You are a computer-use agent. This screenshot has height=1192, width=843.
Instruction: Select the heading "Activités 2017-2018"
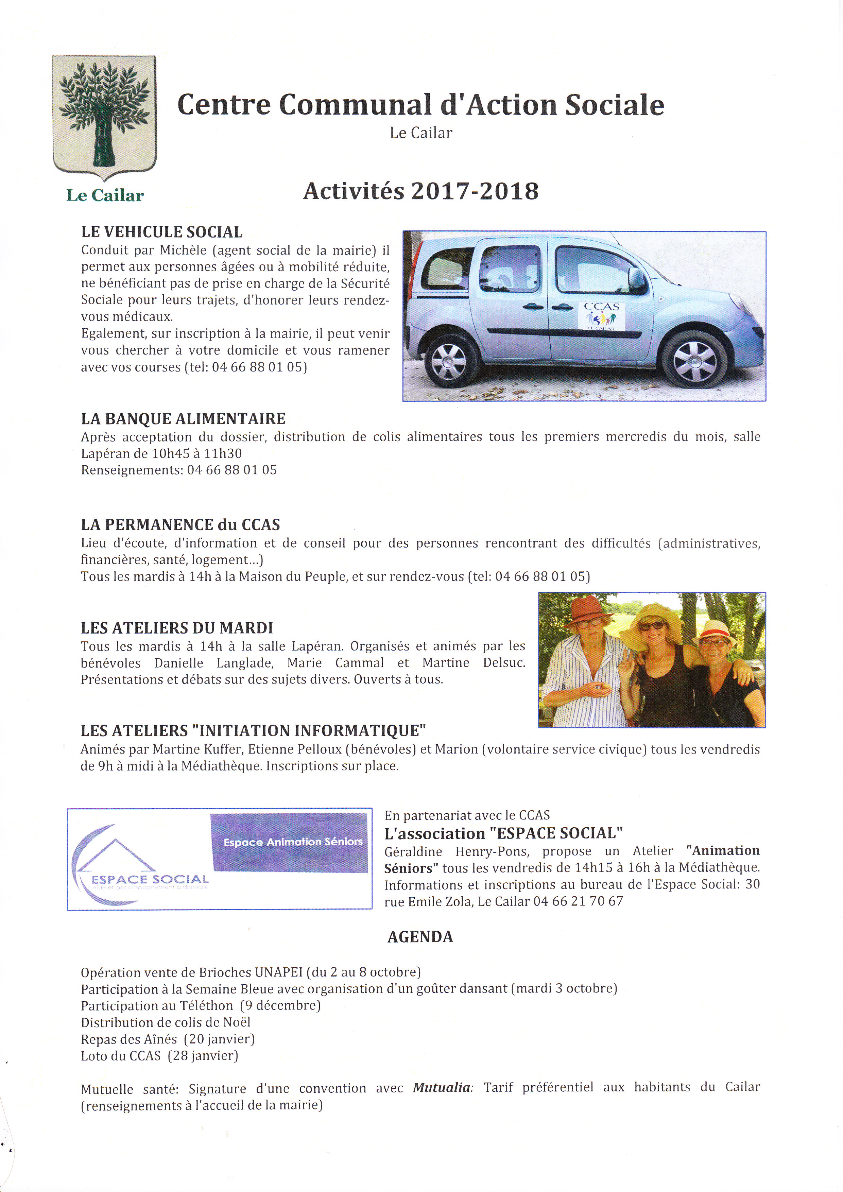(x=420, y=191)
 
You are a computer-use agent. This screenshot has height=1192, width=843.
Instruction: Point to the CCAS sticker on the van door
(x=602, y=316)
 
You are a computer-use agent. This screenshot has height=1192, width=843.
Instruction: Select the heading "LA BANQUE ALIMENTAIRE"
(x=183, y=419)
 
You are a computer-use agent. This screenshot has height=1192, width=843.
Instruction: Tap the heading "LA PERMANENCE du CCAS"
(x=180, y=525)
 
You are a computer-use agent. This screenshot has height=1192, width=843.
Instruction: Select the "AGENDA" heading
(x=420, y=937)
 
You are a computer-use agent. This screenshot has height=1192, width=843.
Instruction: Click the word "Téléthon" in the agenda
(x=206, y=1006)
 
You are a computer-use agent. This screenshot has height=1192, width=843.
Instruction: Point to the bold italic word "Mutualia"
(x=442, y=1087)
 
